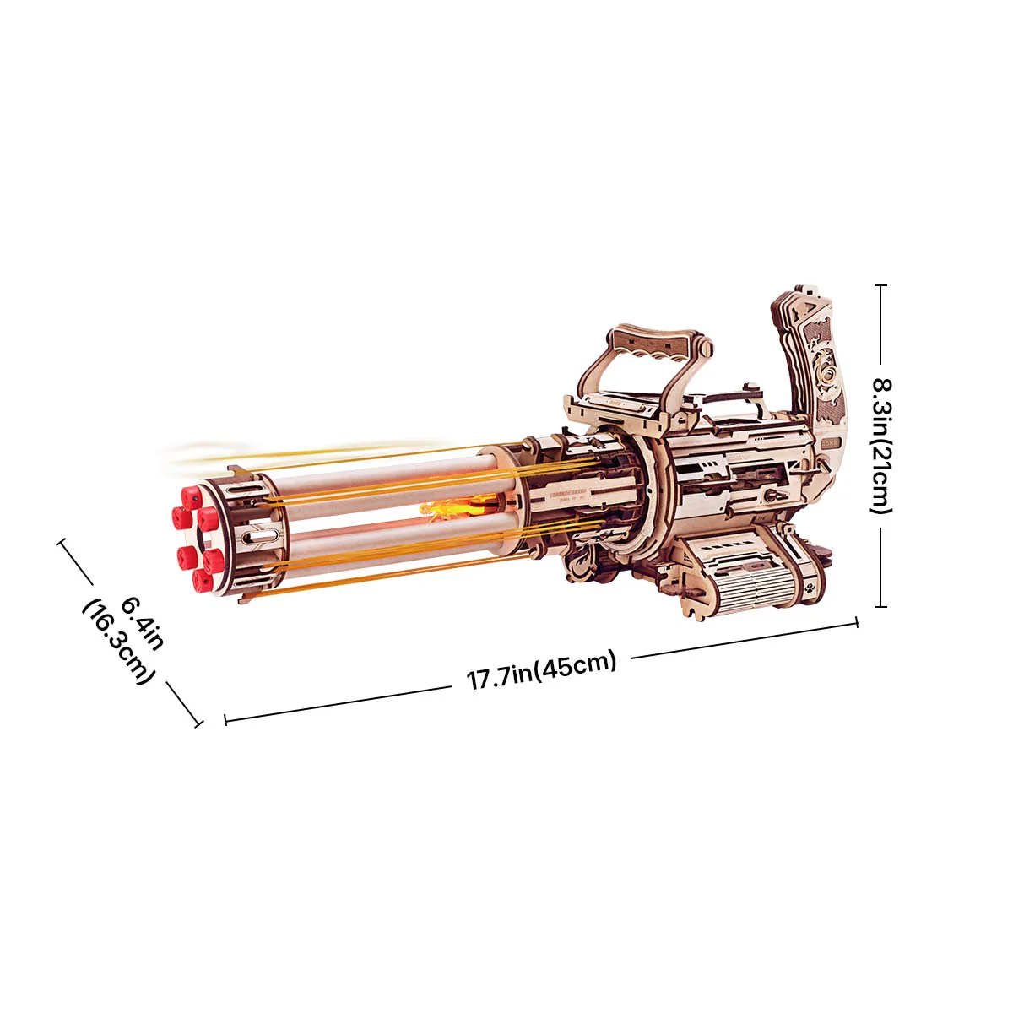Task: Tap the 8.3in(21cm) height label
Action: [x=880, y=446]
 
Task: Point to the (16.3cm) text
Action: [x=119, y=642]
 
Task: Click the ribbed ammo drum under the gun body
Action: [x=743, y=574]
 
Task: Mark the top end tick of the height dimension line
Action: [x=881, y=285]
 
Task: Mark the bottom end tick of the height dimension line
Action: [x=881, y=606]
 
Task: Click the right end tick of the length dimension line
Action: [x=857, y=622]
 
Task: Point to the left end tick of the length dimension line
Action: [x=225, y=720]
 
